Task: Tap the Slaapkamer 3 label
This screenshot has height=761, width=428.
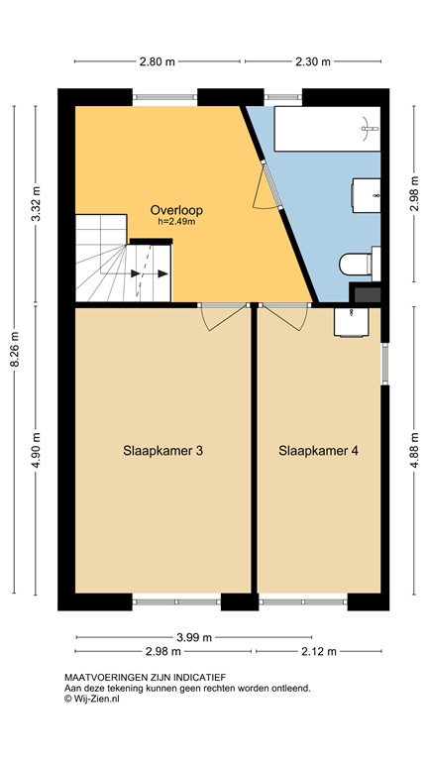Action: coord(162,451)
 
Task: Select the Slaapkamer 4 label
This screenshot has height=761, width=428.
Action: coord(318,451)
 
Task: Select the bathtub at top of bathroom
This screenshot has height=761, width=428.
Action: coord(327,127)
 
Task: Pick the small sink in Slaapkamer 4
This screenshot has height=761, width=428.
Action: coord(351,320)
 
